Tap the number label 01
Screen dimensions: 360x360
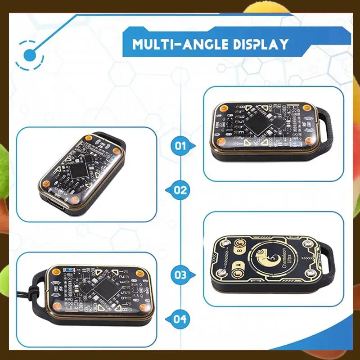(x=180, y=145)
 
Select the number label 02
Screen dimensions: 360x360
(x=180, y=190)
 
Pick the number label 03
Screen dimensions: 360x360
(x=180, y=274)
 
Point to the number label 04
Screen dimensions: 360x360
(x=180, y=319)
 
